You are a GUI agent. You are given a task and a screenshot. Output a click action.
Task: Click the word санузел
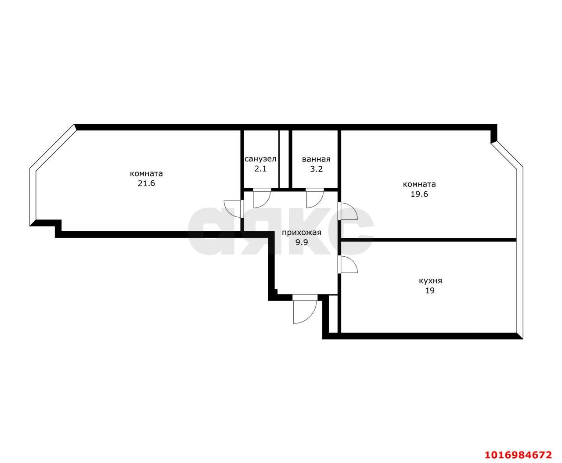click(260, 159)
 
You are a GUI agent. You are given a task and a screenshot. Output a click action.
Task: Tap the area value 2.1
click(260, 169)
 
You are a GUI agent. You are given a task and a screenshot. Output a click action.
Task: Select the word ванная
click(316, 159)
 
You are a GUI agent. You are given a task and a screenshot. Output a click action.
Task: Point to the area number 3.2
click(316, 169)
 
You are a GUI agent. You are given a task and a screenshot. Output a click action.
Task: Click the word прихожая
click(302, 233)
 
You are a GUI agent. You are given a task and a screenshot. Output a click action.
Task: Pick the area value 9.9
click(302, 242)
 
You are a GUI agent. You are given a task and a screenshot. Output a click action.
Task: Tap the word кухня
click(430, 281)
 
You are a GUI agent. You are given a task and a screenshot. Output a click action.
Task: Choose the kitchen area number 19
click(430, 291)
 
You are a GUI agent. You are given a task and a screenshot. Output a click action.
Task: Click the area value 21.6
click(146, 183)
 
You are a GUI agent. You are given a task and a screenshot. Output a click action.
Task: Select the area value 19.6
click(419, 194)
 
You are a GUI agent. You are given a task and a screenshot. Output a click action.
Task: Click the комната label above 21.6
click(146, 173)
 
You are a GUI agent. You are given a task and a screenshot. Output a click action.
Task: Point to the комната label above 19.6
click(419, 184)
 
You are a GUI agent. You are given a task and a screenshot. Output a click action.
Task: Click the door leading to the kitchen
click(348, 265)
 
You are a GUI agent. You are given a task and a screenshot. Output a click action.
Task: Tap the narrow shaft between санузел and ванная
click(284, 159)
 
